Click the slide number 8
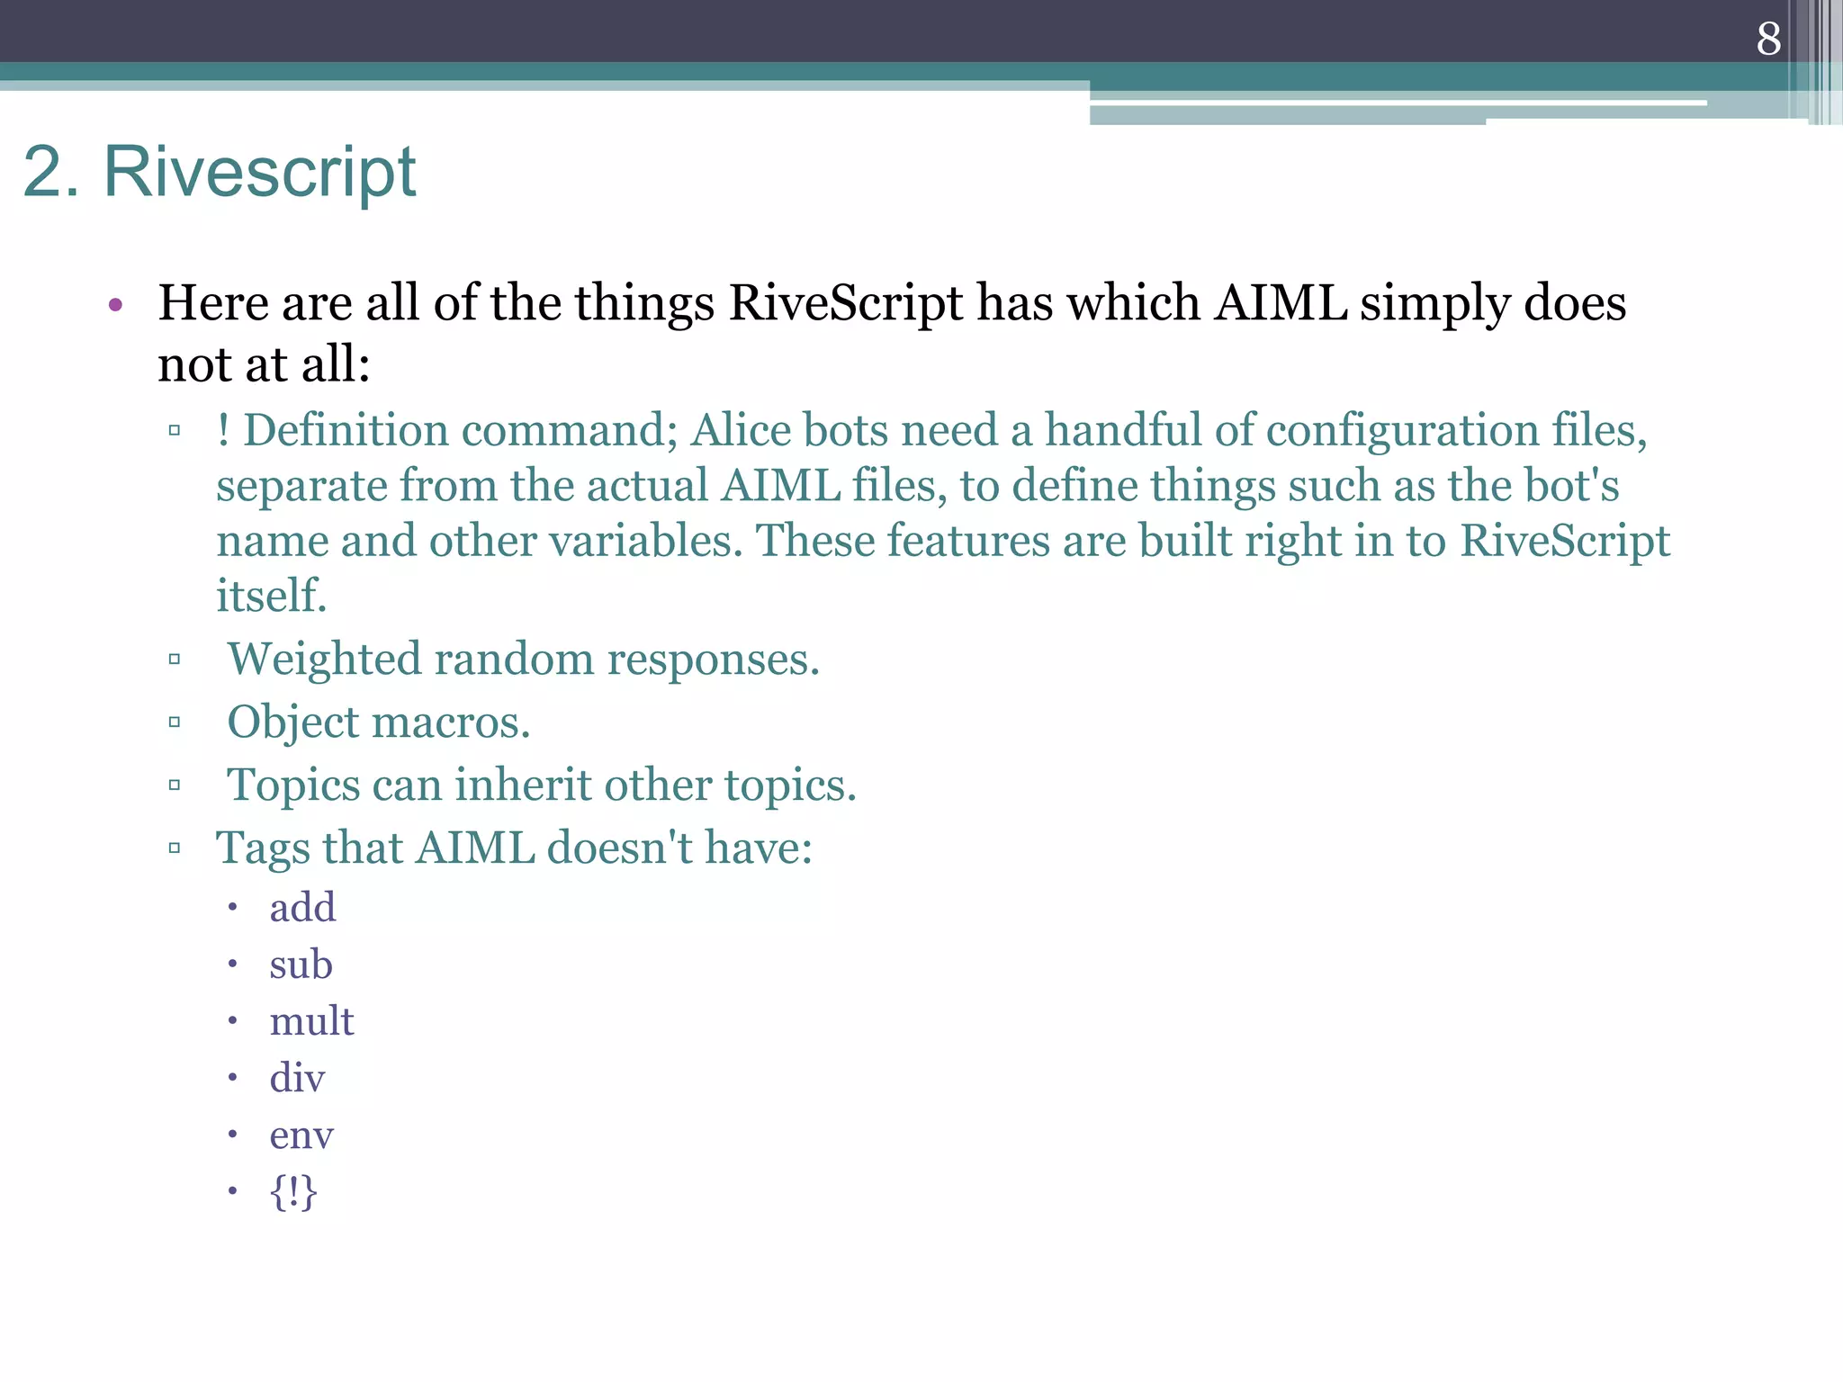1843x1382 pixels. (1768, 39)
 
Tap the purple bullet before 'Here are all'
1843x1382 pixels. (114, 305)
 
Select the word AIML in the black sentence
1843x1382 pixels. (1281, 302)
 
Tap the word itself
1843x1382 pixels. (271, 596)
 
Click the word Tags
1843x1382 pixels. (263, 848)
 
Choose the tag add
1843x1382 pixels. (302, 907)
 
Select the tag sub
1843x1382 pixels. (301, 965)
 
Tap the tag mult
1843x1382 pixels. (311, 1021)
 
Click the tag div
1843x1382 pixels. (297, 1078)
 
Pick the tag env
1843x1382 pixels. (301, 1135)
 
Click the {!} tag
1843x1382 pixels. (293, 1192)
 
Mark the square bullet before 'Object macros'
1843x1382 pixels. (175, 722)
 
